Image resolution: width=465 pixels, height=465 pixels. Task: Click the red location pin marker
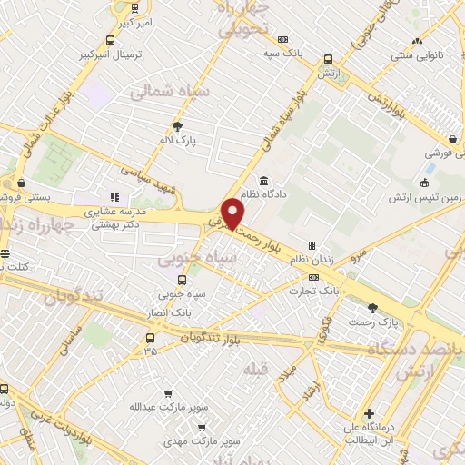233,214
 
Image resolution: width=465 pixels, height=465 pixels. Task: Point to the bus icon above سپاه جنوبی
183,280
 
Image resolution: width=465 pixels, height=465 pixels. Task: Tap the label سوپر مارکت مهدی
202,440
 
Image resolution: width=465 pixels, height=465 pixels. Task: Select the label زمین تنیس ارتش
420,197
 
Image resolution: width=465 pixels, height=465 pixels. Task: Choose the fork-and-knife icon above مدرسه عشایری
114,196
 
